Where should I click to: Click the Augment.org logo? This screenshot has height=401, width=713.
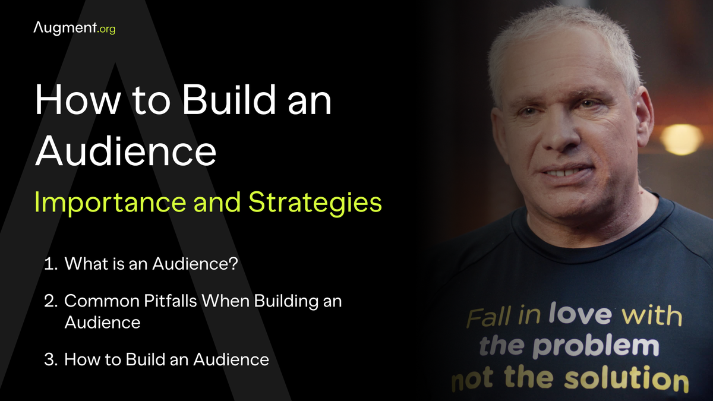point(74,27)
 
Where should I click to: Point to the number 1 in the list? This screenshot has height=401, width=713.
point(49,264)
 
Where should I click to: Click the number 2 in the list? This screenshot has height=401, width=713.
point(50,301)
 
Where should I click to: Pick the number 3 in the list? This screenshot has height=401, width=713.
point(50,359)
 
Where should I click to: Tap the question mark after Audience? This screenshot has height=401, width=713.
point(233,264)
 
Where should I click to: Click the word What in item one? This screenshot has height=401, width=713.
point(81,264)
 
